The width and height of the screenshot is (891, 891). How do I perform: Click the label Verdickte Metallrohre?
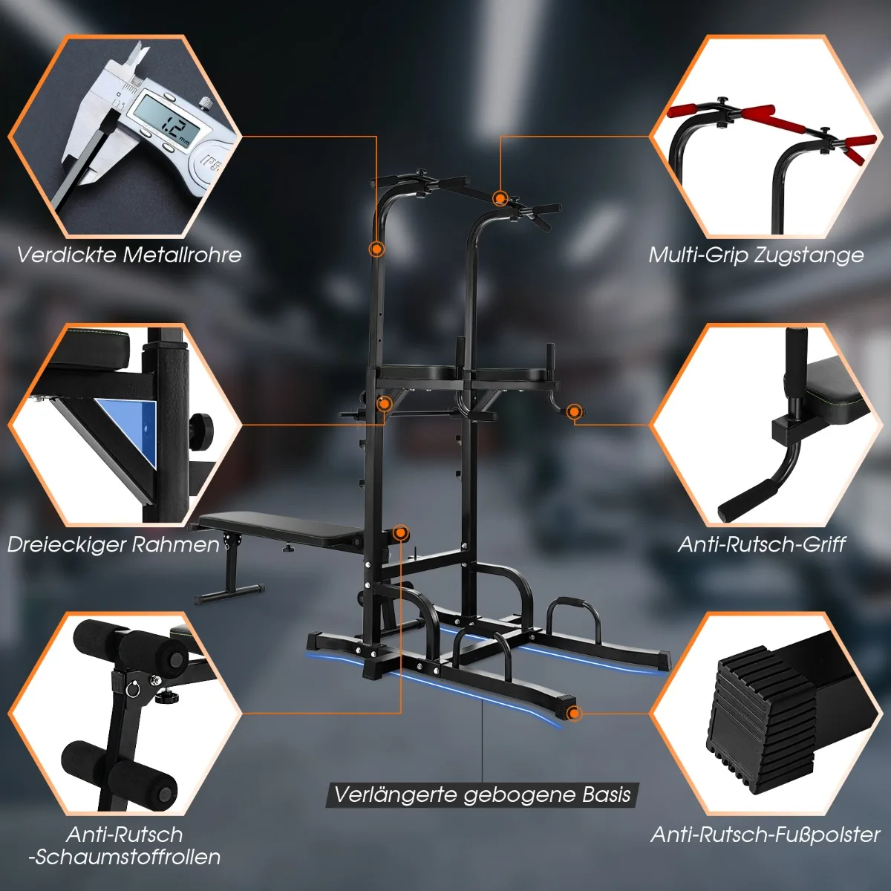click(129, 255)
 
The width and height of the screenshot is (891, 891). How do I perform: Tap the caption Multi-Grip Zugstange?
click(756, 255)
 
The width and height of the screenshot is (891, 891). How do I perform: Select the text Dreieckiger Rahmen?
click(114, 544)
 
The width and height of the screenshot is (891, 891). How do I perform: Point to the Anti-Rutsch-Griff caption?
click(762, 544)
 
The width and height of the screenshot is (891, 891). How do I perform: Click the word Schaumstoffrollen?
click(125, 857)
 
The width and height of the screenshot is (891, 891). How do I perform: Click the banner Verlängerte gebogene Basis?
click(483, 794)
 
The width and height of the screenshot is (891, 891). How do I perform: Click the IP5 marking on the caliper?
click(209, 162)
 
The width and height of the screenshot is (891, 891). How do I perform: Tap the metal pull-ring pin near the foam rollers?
click(132, 689)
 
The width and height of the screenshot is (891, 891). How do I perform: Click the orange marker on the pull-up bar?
click(500, 198)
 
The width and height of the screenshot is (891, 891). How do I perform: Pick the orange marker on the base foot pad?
click(574, 714)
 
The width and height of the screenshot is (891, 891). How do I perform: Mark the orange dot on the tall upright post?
click(377, 249)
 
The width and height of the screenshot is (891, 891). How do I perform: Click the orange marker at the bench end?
click(400, 534)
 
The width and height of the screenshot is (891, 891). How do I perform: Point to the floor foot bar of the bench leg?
click(229, 594)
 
